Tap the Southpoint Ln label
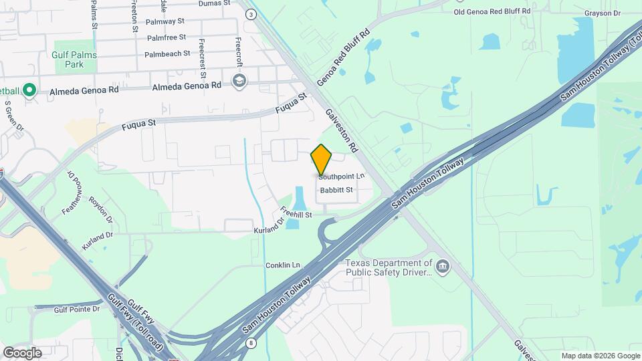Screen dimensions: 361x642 coord(342,176)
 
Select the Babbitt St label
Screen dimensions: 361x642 coord(336,191)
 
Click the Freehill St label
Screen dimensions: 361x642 coord(296,215)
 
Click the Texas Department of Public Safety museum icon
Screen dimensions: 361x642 coord(442,267)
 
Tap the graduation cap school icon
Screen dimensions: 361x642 coord(239,82)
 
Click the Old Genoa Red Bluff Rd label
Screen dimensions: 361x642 coord(492,11)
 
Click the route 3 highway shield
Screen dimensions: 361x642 coord(250,14)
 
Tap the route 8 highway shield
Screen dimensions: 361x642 coord(250,343)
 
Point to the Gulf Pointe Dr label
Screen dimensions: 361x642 coord(76,309)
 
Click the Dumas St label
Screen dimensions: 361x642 coord(215,3)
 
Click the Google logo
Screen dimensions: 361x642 coord(21,352)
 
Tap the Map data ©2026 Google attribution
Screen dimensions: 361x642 coord(600,356)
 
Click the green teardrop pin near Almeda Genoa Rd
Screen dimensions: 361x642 coord(29,90)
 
